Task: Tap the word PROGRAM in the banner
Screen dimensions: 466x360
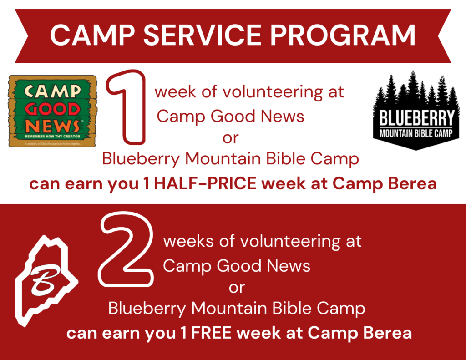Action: coord(343,35)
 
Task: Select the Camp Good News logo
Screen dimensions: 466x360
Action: coord(53,111)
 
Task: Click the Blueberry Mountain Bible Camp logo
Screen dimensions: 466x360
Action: coord(416,110)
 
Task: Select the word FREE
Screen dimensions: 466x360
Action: coord(211,333)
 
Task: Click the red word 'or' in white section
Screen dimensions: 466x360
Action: coord(231,138)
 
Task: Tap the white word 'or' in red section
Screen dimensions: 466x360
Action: coord(237,288)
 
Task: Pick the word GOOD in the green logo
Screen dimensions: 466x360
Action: coord(53,109)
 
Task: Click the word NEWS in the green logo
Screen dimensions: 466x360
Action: coord(52,126)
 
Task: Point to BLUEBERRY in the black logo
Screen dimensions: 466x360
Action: coord(417,118)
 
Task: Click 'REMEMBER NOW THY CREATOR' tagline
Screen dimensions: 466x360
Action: coord(53,137)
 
